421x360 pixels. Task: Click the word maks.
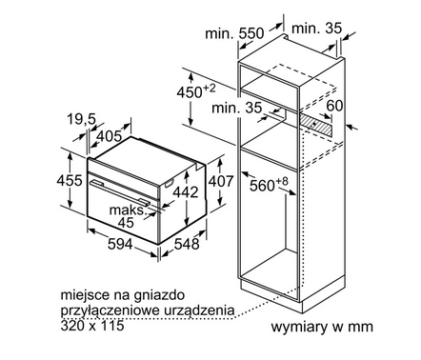[x=126, y=208]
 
